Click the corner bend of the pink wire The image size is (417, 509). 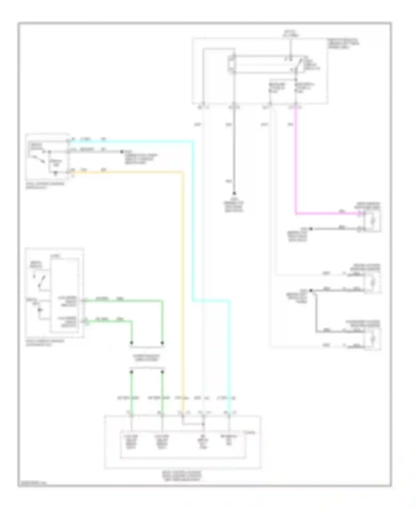[296, 214]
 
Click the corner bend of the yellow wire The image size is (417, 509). [183, 173]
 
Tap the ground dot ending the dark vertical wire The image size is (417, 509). [234, 193]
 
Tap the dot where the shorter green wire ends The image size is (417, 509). [131, 342]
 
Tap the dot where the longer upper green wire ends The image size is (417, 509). [162, 342]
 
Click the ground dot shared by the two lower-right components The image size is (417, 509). [311, 291]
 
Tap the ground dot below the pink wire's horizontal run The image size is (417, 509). [311, 229]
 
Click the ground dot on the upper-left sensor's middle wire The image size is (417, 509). [121, 152]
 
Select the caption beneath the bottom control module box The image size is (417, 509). [182, 476]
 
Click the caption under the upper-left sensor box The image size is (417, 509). [44, 185]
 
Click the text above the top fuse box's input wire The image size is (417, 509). [290, 34]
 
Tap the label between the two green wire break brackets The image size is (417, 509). [147, 358]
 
